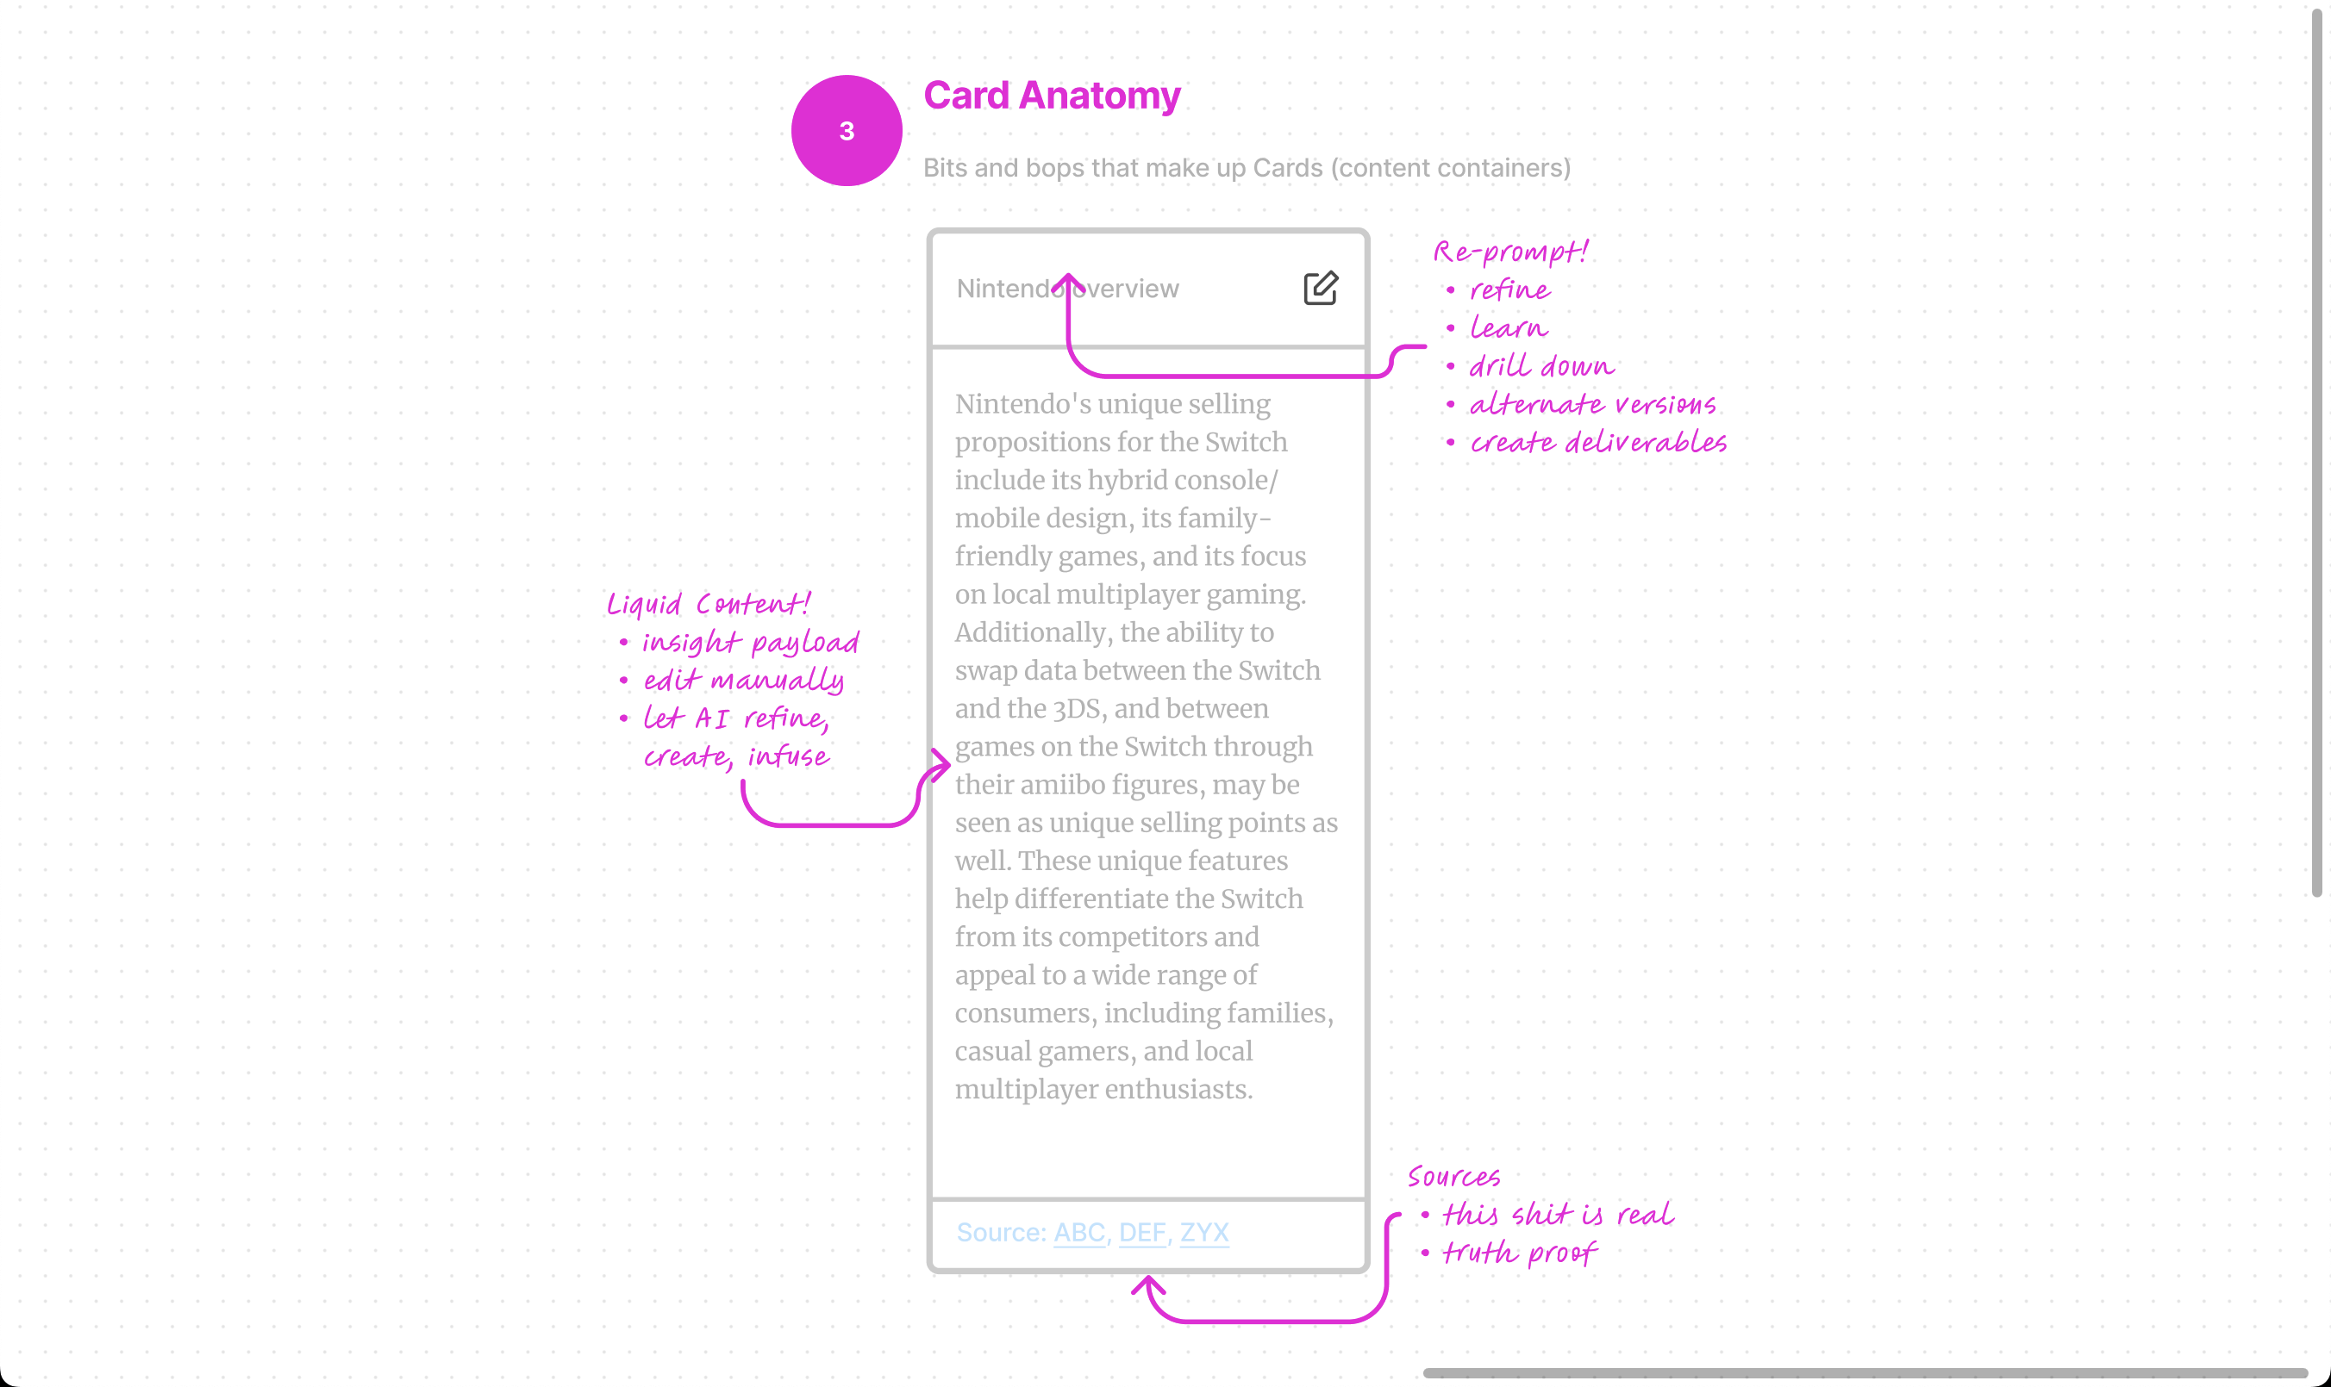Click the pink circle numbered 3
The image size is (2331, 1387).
(x=847, y=131)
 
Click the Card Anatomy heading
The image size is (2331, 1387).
(x=1051, y=96)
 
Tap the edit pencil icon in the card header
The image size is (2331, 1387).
(x=1321, y=288)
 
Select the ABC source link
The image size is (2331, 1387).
(x=1079, y=1232)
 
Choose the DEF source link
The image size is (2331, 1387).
(x=1141, y=1232)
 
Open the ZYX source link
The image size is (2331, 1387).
(x=1203, y=1232)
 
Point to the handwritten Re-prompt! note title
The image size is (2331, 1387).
(x=1510, y=252)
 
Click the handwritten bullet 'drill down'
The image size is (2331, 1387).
(x=1540, y=366)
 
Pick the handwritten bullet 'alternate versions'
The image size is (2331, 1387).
(x=1591, y=405)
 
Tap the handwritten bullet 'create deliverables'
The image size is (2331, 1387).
(x=1597, y=442)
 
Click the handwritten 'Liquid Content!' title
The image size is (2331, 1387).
(x=708, y=604)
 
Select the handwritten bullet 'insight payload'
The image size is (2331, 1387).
(x=750, y=642)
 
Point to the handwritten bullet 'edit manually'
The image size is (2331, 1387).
(x=743, y=681)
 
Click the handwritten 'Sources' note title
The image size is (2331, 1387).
(x=1453, y=1177)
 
